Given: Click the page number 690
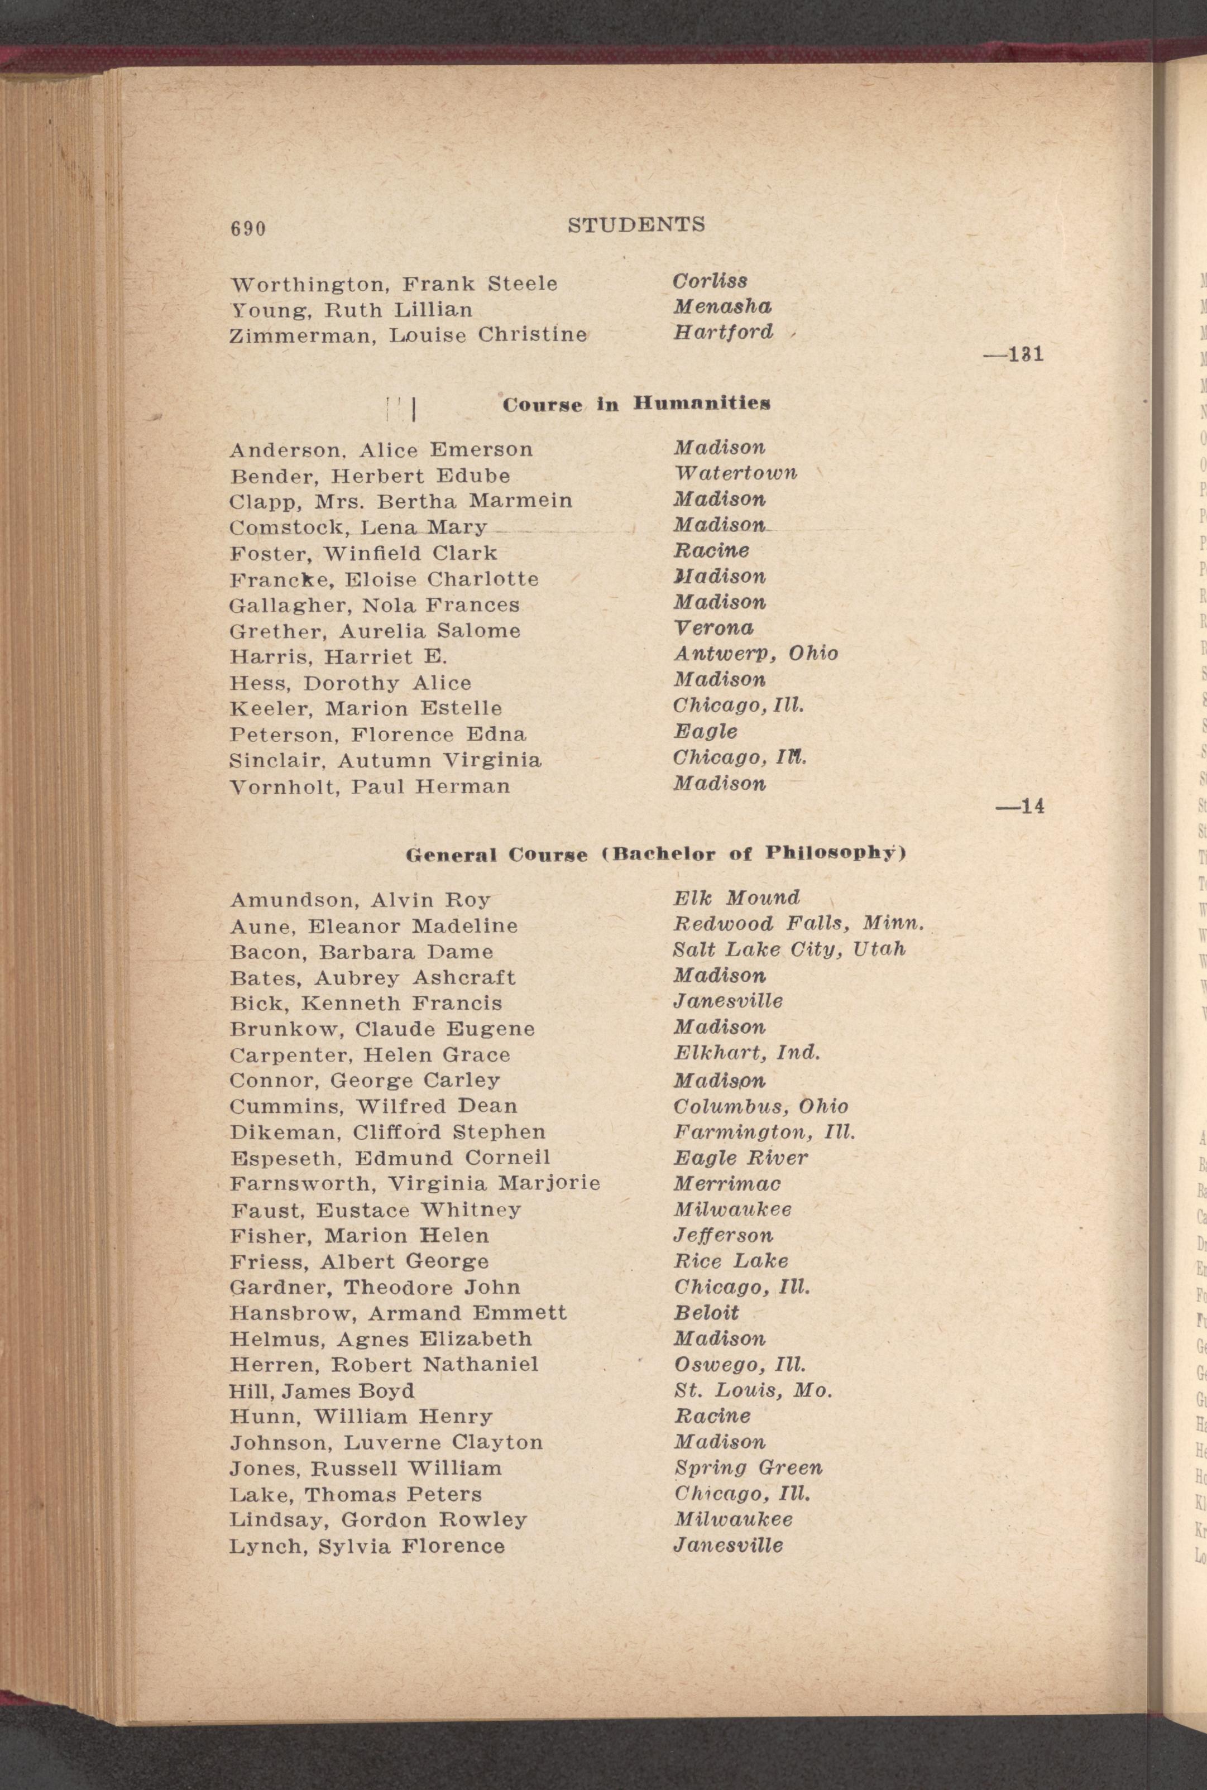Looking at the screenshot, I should pos(248,228).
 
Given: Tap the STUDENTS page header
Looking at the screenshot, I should pos(636,225).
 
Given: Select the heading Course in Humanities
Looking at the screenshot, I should pos(636,404).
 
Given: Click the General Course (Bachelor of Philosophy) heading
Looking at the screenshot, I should pos(655,854).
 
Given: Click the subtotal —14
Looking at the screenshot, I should pos(1020,807).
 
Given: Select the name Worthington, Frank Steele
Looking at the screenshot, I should pos(394,284).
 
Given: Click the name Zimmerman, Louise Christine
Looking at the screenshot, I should pos(408,335).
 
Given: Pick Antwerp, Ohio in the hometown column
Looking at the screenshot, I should pos(755,654).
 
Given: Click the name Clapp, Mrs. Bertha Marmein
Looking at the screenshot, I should pos(400,501).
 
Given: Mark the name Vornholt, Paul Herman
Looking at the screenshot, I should pos(370,786).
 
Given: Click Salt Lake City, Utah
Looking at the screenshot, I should pos(789,949).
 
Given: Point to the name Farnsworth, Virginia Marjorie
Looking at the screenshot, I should pos(415,1184).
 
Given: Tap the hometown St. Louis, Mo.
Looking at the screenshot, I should pos(753,1390).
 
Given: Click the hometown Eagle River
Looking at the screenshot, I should pos(740,1158).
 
